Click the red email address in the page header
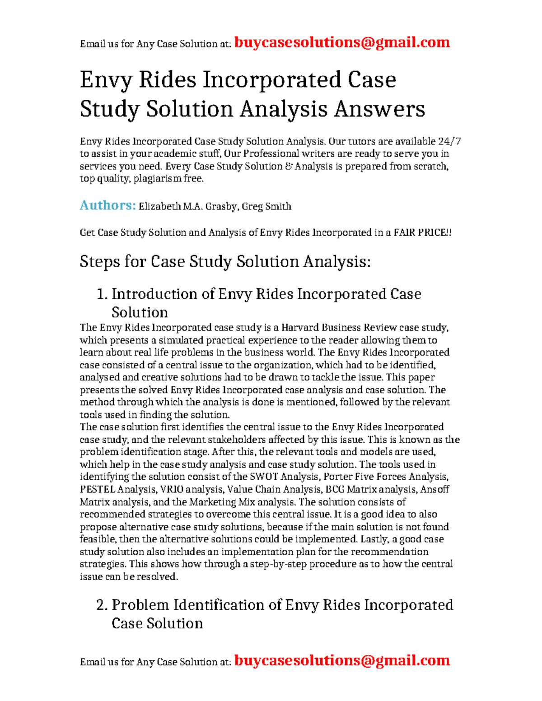[x=342, y=42]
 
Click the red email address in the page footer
[x=342, y=660]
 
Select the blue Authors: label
[x=107, y=205]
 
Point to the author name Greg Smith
[x=266, y=207]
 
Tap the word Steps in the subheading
[x=100, y=262]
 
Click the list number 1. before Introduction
[x=102, y=294]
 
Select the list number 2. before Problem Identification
[x=102, y=605]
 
